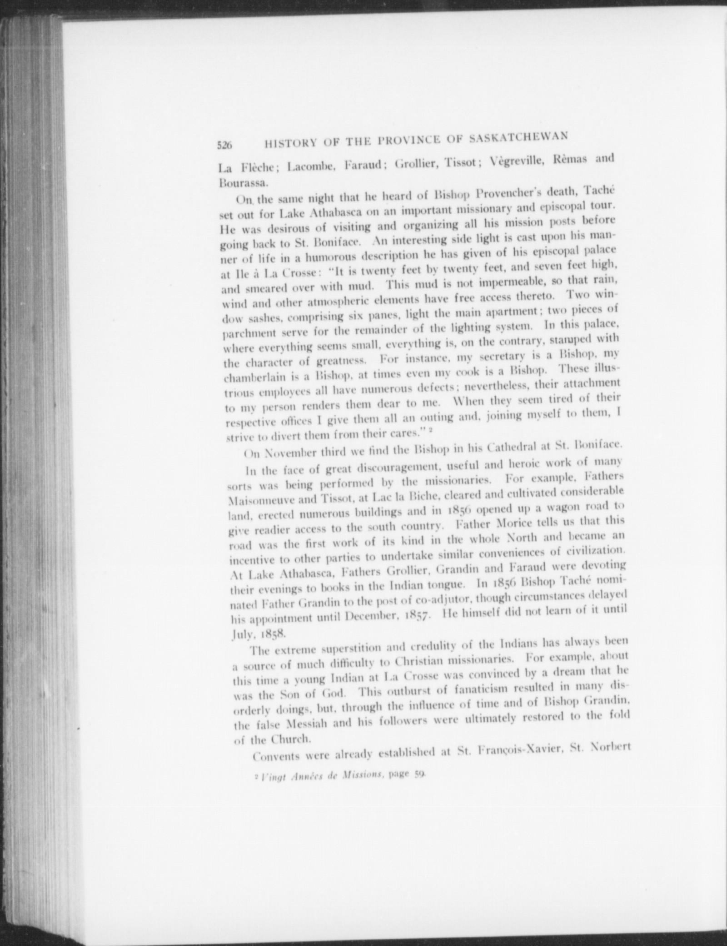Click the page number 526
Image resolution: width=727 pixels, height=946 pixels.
coord(224,145)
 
